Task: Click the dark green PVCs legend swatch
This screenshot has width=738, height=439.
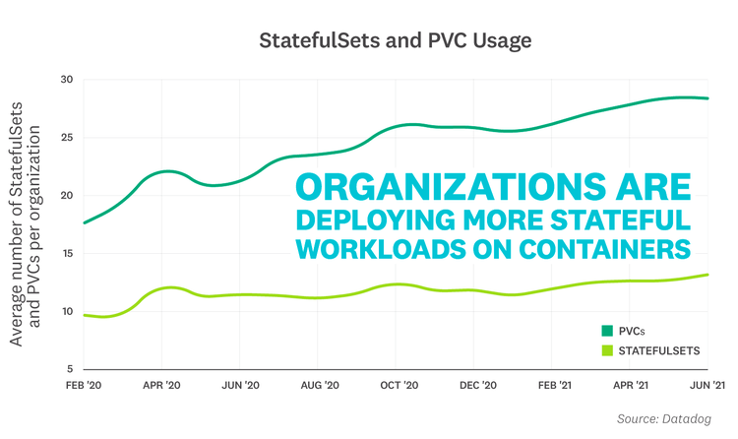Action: click(606, 331)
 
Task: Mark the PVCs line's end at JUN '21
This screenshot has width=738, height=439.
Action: click(708, 98)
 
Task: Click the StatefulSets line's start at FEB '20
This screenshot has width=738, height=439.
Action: click(85, 315)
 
